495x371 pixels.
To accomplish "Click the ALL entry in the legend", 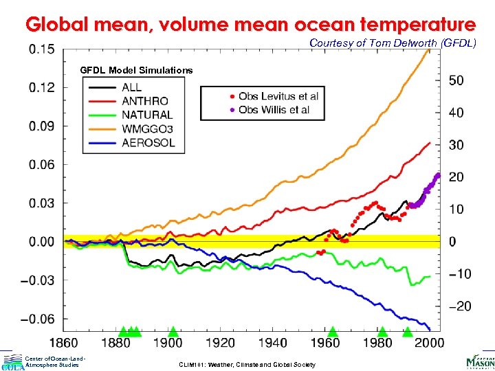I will pyautogui.click(x=132, y=87).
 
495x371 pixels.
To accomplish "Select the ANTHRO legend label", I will pyautogui.click(x=144, y=101).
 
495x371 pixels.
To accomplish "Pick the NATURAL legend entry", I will pyautogui.click(x=146, y=115).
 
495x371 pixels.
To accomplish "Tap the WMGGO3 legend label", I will pyautogui.click(x=148, y=128).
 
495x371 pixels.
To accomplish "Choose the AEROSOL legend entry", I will pyautogui.click(x=148, y=143).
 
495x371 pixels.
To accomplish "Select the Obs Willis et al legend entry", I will pyautogui.click(x=274, y=110).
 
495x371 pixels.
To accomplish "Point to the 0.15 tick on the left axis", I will pyautogui.click(x=42, y=49).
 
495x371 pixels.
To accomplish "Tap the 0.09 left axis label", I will pyautogui.click(x=42, y=126).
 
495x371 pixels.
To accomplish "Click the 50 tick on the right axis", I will pyautogui.click(x=456, y=80).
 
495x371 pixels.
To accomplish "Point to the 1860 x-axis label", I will pyautogui.click(x=65, y=343).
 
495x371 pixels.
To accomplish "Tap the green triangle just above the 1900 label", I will pyautogui.click(x=173, y=332).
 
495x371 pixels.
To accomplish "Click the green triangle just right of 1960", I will pyautogui.click(x=333, y=332).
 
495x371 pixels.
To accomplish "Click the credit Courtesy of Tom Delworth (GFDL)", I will pyautogui.click(x=392, y=43).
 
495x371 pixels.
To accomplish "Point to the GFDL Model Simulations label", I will pyautogui.click(x=136, y=70).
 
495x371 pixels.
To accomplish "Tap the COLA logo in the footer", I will pyautogui.click(x=12, y=363).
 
